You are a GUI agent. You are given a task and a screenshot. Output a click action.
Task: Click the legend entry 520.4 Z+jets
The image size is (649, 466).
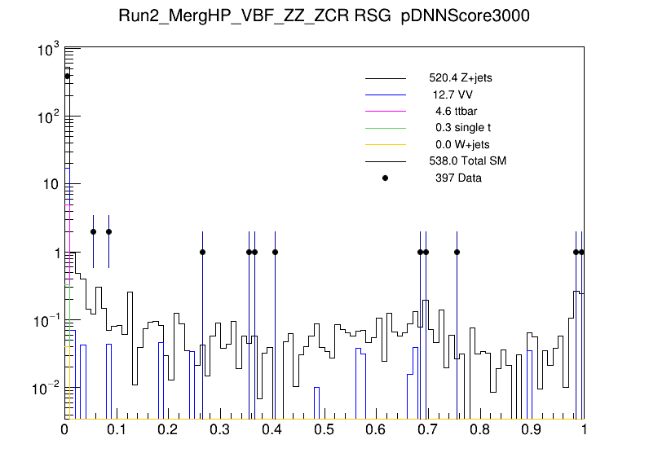pyautogui.click(x=460, y=79)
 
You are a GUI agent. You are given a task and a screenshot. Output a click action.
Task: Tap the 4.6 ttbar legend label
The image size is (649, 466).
pyautogui.click(x=452, y=112)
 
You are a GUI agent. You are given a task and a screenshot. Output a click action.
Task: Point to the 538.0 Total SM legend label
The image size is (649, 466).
pyautogui.click(x=468, y=161)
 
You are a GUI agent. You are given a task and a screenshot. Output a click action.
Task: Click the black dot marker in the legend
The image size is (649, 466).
pyautogui.click(x=386, y=178)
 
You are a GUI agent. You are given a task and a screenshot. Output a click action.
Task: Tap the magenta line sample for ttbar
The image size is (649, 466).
pyautogui.click(x=386, y=112)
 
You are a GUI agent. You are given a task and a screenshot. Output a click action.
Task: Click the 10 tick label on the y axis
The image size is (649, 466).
pyautogui.click(x=47, y=185)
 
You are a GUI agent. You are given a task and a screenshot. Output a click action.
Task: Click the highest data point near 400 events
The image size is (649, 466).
pyautogui.click(x=68, y=76)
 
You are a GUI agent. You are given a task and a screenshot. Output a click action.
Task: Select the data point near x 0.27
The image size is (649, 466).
pyautogui.click(x=202, y=252)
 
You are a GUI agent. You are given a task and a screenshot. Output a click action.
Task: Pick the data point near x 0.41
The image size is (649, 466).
pyautogui.click(x=275, y=252)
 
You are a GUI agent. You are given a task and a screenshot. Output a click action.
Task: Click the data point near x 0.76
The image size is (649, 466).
pyautogui.click(x=457, y=252)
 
